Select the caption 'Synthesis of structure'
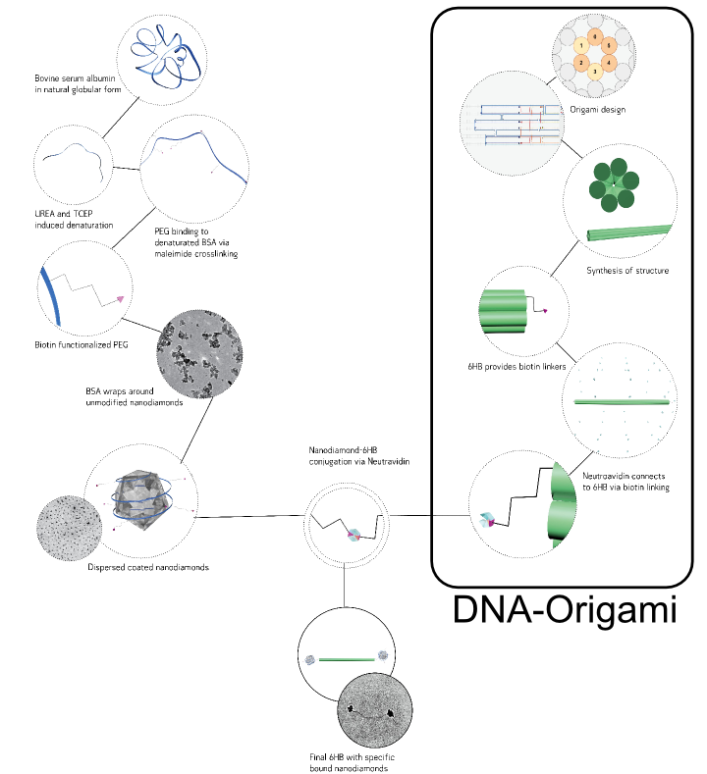627,271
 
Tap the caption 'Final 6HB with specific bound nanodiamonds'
350,761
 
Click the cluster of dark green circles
611,185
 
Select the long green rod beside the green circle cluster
629,232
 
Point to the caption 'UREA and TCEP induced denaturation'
73,219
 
